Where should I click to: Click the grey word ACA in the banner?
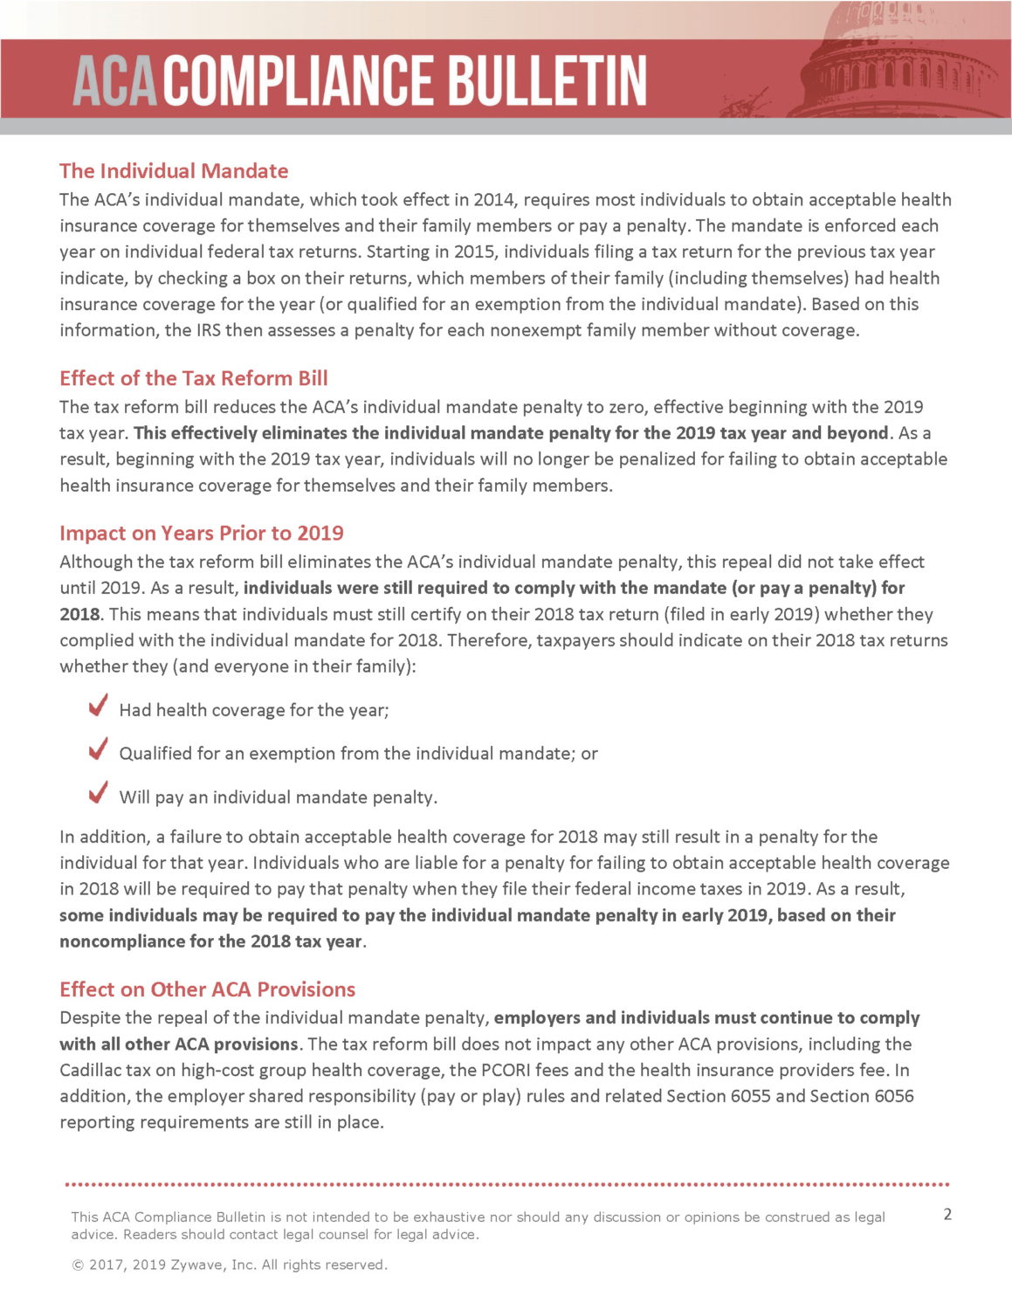click(114, 81)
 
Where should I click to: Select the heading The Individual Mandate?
click(174, 171)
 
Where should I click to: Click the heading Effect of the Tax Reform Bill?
click(194, 378)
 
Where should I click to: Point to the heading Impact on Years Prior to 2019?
click(202, 534)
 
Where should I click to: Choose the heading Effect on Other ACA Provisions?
click(208, 989)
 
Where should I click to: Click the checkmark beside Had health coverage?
click(99, 705)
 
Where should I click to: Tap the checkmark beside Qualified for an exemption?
click(99, 748)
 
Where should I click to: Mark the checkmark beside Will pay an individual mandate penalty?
click(99, 792)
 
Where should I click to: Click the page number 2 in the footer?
click(947, 1214)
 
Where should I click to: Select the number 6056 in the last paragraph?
click(893, 1096)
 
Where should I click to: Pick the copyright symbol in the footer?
click(77, 1265)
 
